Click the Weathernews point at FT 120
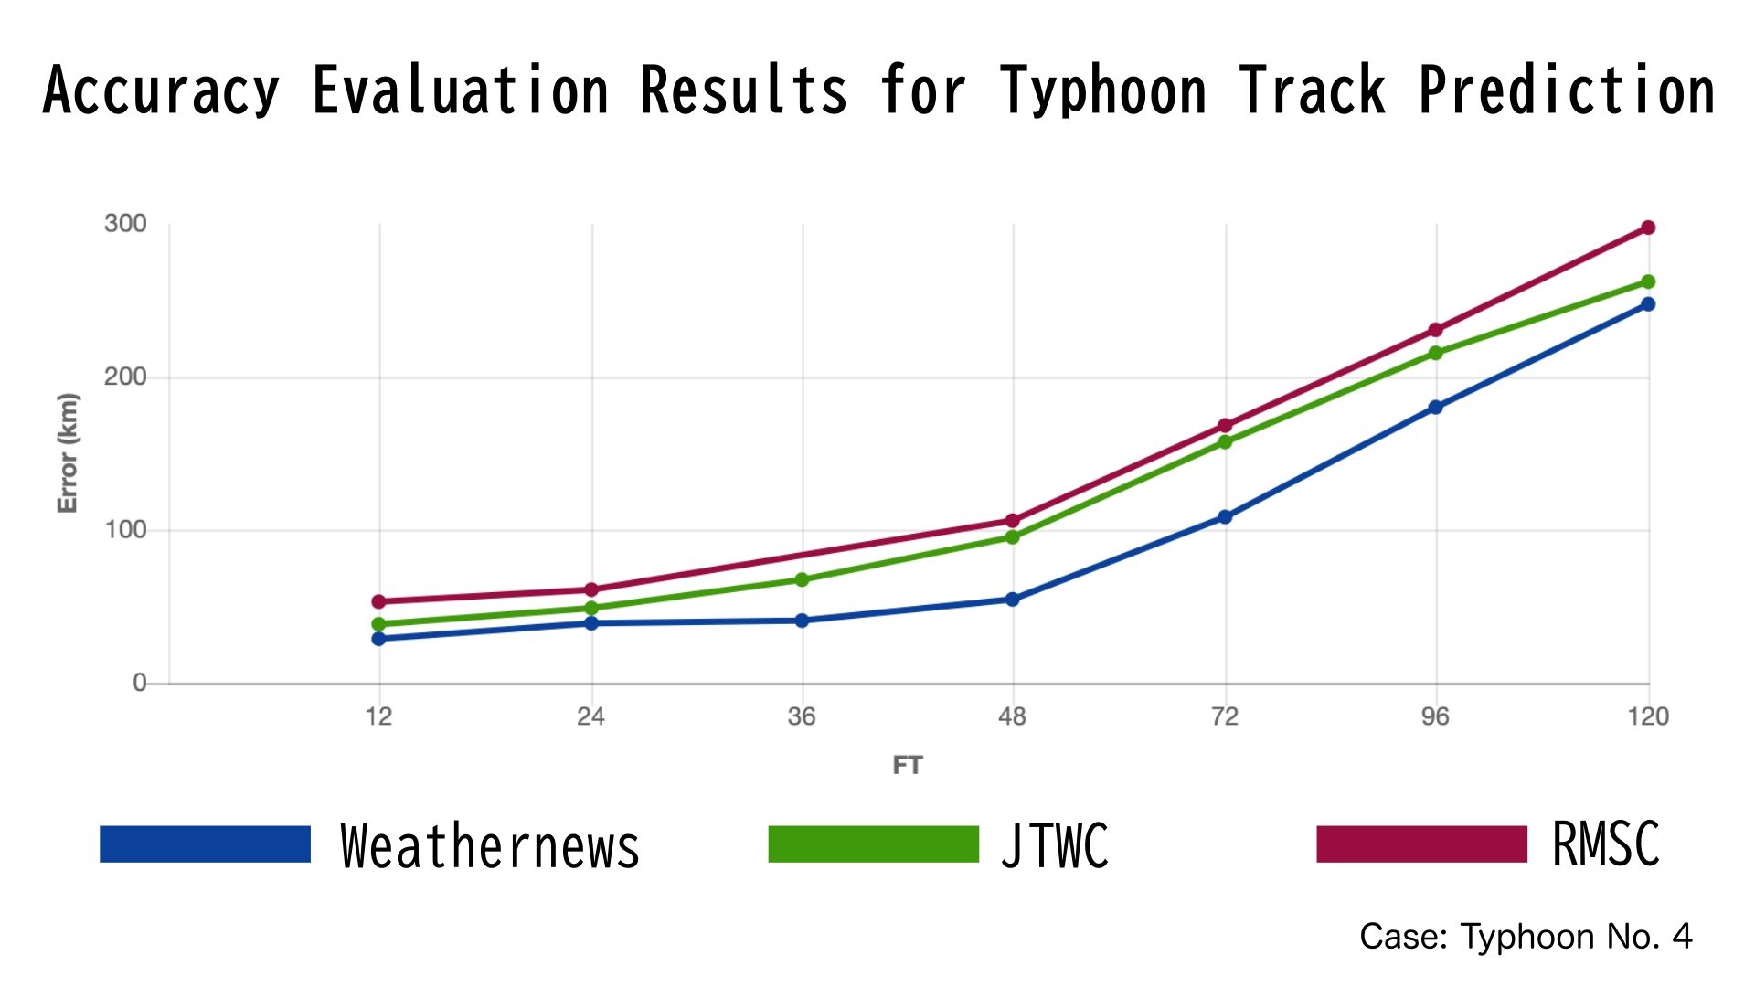click(x=1648, y=304)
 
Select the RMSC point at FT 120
click(x=1648, y=228)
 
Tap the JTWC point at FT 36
click(x=802, y=579)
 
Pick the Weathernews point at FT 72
click(x=1225, y=517)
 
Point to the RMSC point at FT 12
click(x=378, y=601)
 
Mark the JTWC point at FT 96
click(x=1435, y=353)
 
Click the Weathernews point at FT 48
click(x=1013, y=600)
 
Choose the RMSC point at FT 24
click(x=591, y=589)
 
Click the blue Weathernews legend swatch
click(x=205, y=844)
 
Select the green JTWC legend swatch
click(x=873, y=844)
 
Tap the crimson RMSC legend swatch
click(x=1421, y=844)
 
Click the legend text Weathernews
click(x=489, y=845)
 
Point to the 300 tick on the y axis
click(x=125, y=224)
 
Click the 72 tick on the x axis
click(x=1225, y=716)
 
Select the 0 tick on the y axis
click(x=139, y=683)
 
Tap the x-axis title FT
click(x=908, y=765)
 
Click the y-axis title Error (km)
click(x=68, y=452)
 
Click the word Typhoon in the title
click(x=1103, y=90)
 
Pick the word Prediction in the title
click(x=1567, y=90)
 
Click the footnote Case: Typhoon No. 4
click(x=1526, y=937)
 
